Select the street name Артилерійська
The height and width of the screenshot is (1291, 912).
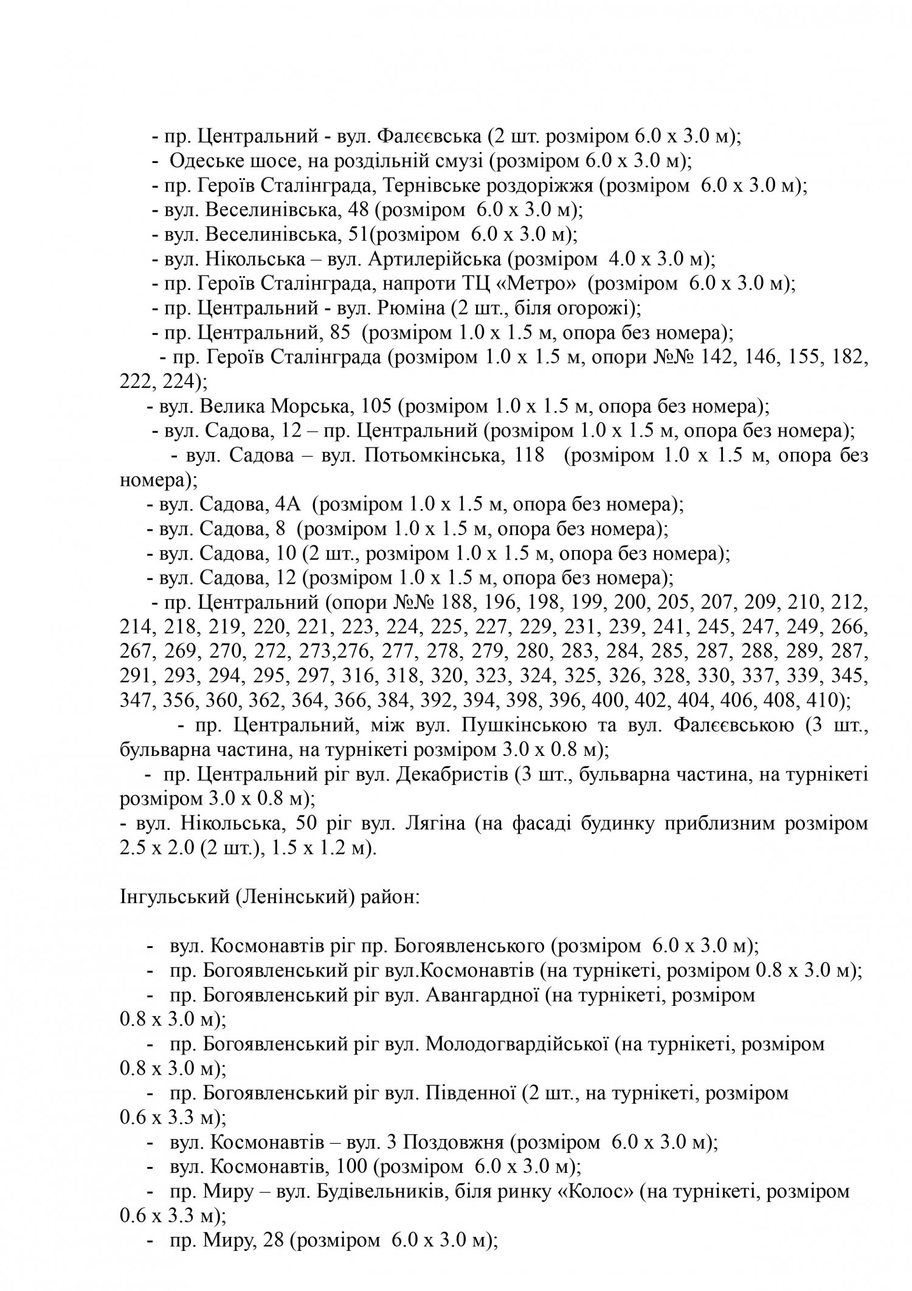click(x=435, y=260)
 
